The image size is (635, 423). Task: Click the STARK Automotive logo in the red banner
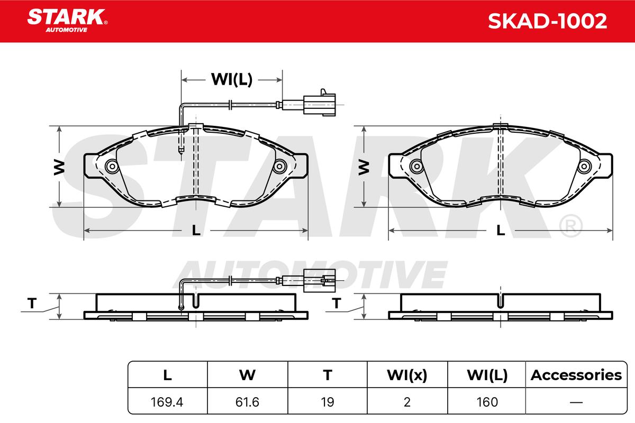click(67, 21)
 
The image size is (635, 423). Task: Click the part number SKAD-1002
click(547, 21)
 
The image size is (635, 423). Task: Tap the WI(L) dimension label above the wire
click(232, 79)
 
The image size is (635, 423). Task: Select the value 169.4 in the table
click(167, 402)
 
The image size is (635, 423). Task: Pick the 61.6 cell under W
click(247, 402)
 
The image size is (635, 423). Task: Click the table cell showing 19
click(328, 402)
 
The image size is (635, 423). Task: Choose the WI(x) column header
click(407, 375)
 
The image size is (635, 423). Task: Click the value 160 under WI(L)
click(487, 402)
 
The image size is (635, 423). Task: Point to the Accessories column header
click(576, 375)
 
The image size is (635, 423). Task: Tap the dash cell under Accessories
click(576, 402)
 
